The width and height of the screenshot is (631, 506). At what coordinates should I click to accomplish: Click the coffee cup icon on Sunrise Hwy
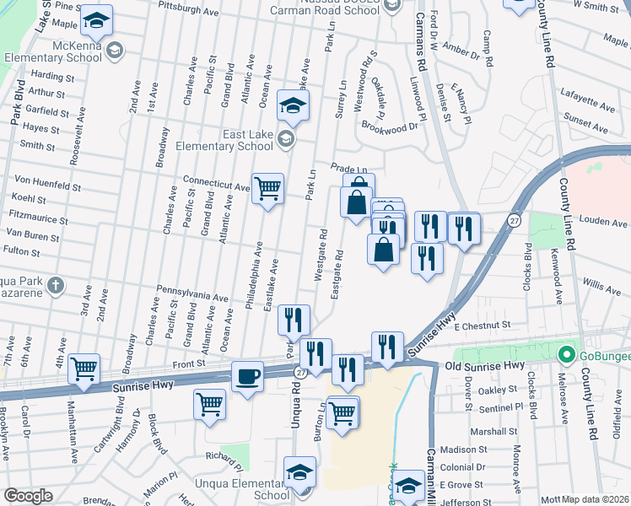pyautogui.click(x=247, y=375)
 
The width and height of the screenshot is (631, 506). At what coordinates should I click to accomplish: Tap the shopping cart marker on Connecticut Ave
pyautogui.click(x=267, y=188)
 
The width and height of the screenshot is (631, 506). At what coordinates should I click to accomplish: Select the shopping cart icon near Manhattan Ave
pyautogui.click(x=84, y=368)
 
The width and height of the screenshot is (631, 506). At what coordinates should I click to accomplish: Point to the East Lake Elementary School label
pyautogui.click(x=224, y=140)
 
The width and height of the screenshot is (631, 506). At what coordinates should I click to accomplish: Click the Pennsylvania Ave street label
pyautogui.click(x=193, y=298)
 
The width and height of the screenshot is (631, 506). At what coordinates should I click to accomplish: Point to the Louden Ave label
pyautogui.click(x=604, y=223)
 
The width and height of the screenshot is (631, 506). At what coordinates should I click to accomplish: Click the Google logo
pyautogui.click(x=28, y=496)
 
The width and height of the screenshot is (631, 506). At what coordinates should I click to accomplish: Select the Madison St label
pyautogui.click(x=483, y=449)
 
